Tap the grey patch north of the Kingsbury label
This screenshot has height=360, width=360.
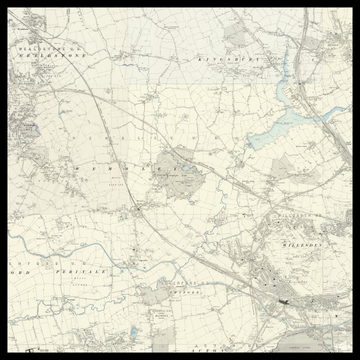tap(236, 35)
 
